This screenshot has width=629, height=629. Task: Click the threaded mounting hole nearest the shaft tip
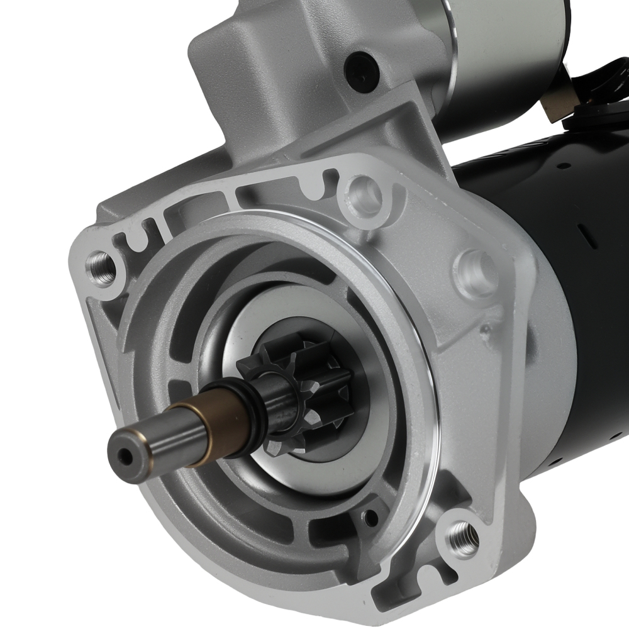(101, 267)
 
